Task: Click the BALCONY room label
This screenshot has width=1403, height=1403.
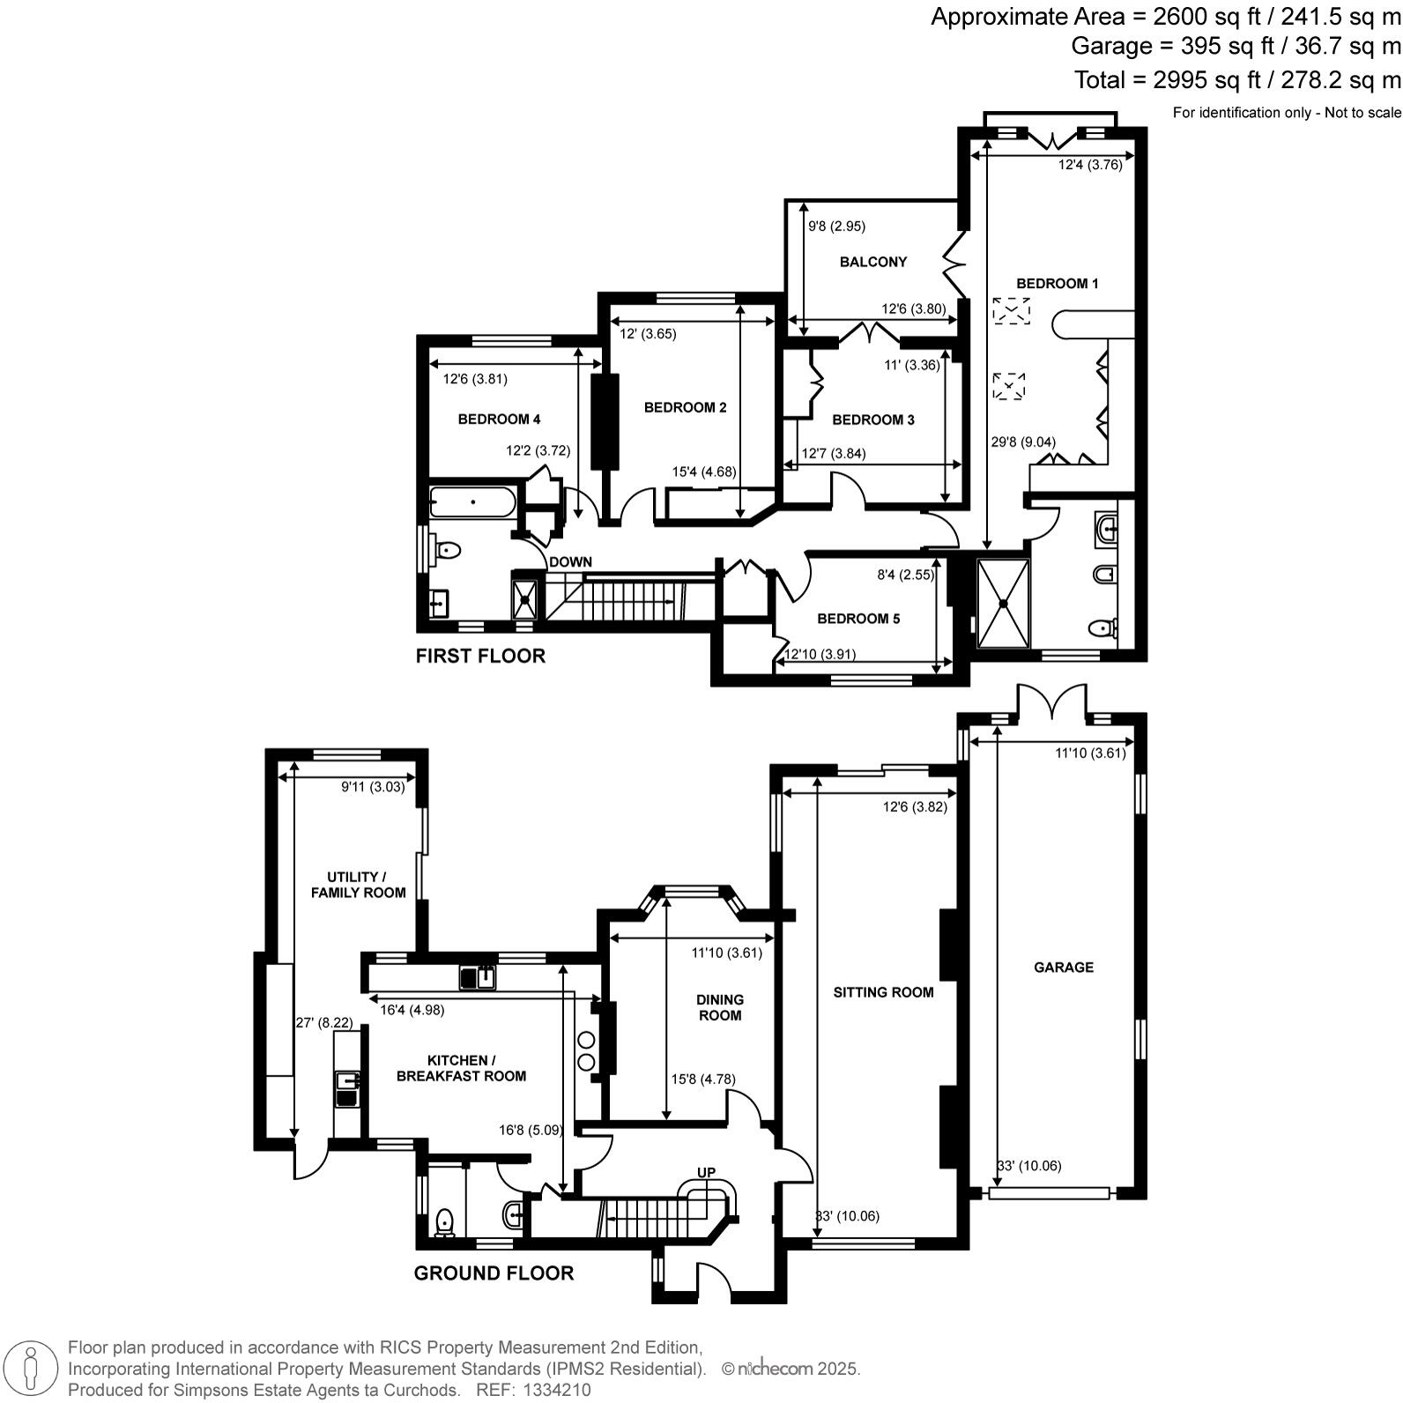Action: tap(872, 262)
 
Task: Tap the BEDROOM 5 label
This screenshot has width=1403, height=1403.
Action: tap(858, 619)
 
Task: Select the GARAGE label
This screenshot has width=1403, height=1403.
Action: tap(1063, 967)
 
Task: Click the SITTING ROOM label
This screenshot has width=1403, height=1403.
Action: tap(883, 992)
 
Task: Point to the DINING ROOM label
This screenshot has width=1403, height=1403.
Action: tap(719, 1007)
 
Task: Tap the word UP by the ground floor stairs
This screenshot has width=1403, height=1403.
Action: tap(706, 1172)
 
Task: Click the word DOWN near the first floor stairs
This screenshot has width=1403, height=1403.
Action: tap(570, 562)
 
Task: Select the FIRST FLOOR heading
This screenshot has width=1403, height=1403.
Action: tap(480, 656)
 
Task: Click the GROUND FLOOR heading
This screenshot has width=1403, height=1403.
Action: tap(494, 1273)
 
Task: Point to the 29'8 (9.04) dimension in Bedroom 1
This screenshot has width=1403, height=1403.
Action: tap(1023, 442)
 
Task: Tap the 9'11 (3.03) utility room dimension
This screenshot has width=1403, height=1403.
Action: tap(373, 787)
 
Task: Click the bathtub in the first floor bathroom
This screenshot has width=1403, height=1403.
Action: tap(472, 502)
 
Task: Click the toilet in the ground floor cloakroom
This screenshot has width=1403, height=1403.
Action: tap(444, 1222)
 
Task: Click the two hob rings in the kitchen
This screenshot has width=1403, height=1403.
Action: tap(586, 1051)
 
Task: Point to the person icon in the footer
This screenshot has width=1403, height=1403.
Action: tap(31, 1369)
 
